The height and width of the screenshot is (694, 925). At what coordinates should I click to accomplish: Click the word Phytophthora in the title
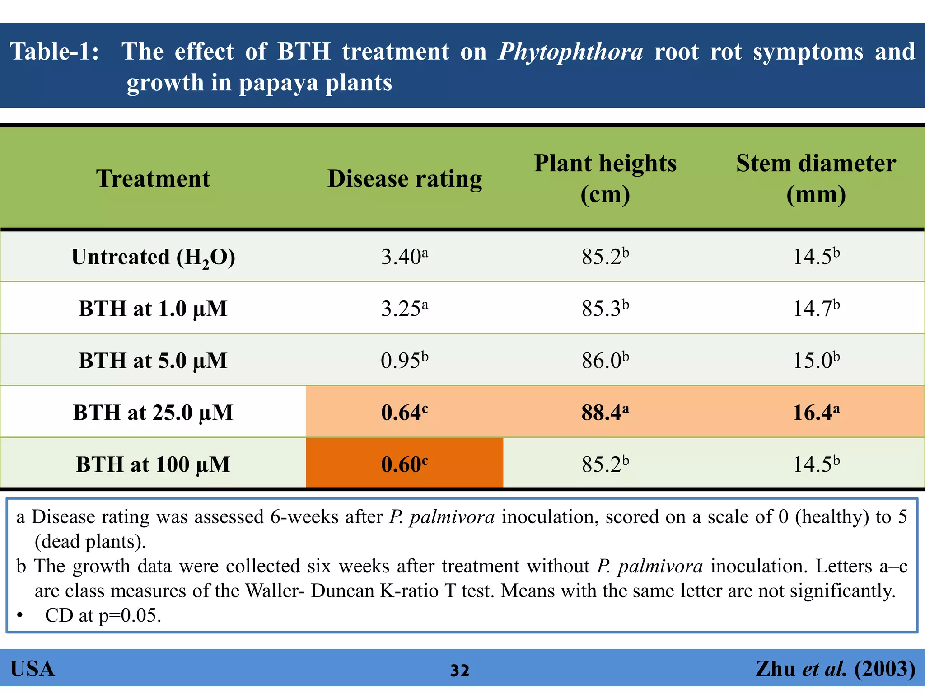(570, 52)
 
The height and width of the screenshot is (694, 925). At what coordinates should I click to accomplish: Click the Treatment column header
(153, 178)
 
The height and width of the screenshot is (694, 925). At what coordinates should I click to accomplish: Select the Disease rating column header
(405, 178)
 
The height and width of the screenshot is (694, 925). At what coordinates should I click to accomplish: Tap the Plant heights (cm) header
(605, 178)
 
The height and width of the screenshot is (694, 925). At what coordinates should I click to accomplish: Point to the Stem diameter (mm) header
(816, 178)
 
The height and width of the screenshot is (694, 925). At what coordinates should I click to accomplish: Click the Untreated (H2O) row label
(153, 257)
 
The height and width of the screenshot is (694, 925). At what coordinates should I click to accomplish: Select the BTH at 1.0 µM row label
(153, 309)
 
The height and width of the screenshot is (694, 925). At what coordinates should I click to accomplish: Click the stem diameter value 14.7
(816, 309)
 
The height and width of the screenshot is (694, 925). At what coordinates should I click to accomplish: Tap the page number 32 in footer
(460, 671)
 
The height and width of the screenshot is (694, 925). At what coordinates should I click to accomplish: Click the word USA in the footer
(33, 669)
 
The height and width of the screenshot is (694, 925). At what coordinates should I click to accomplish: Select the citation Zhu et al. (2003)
(835, 669)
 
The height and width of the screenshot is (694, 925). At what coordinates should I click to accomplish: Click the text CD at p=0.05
(103, 615)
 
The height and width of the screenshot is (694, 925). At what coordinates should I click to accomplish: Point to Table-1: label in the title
(54, 52)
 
